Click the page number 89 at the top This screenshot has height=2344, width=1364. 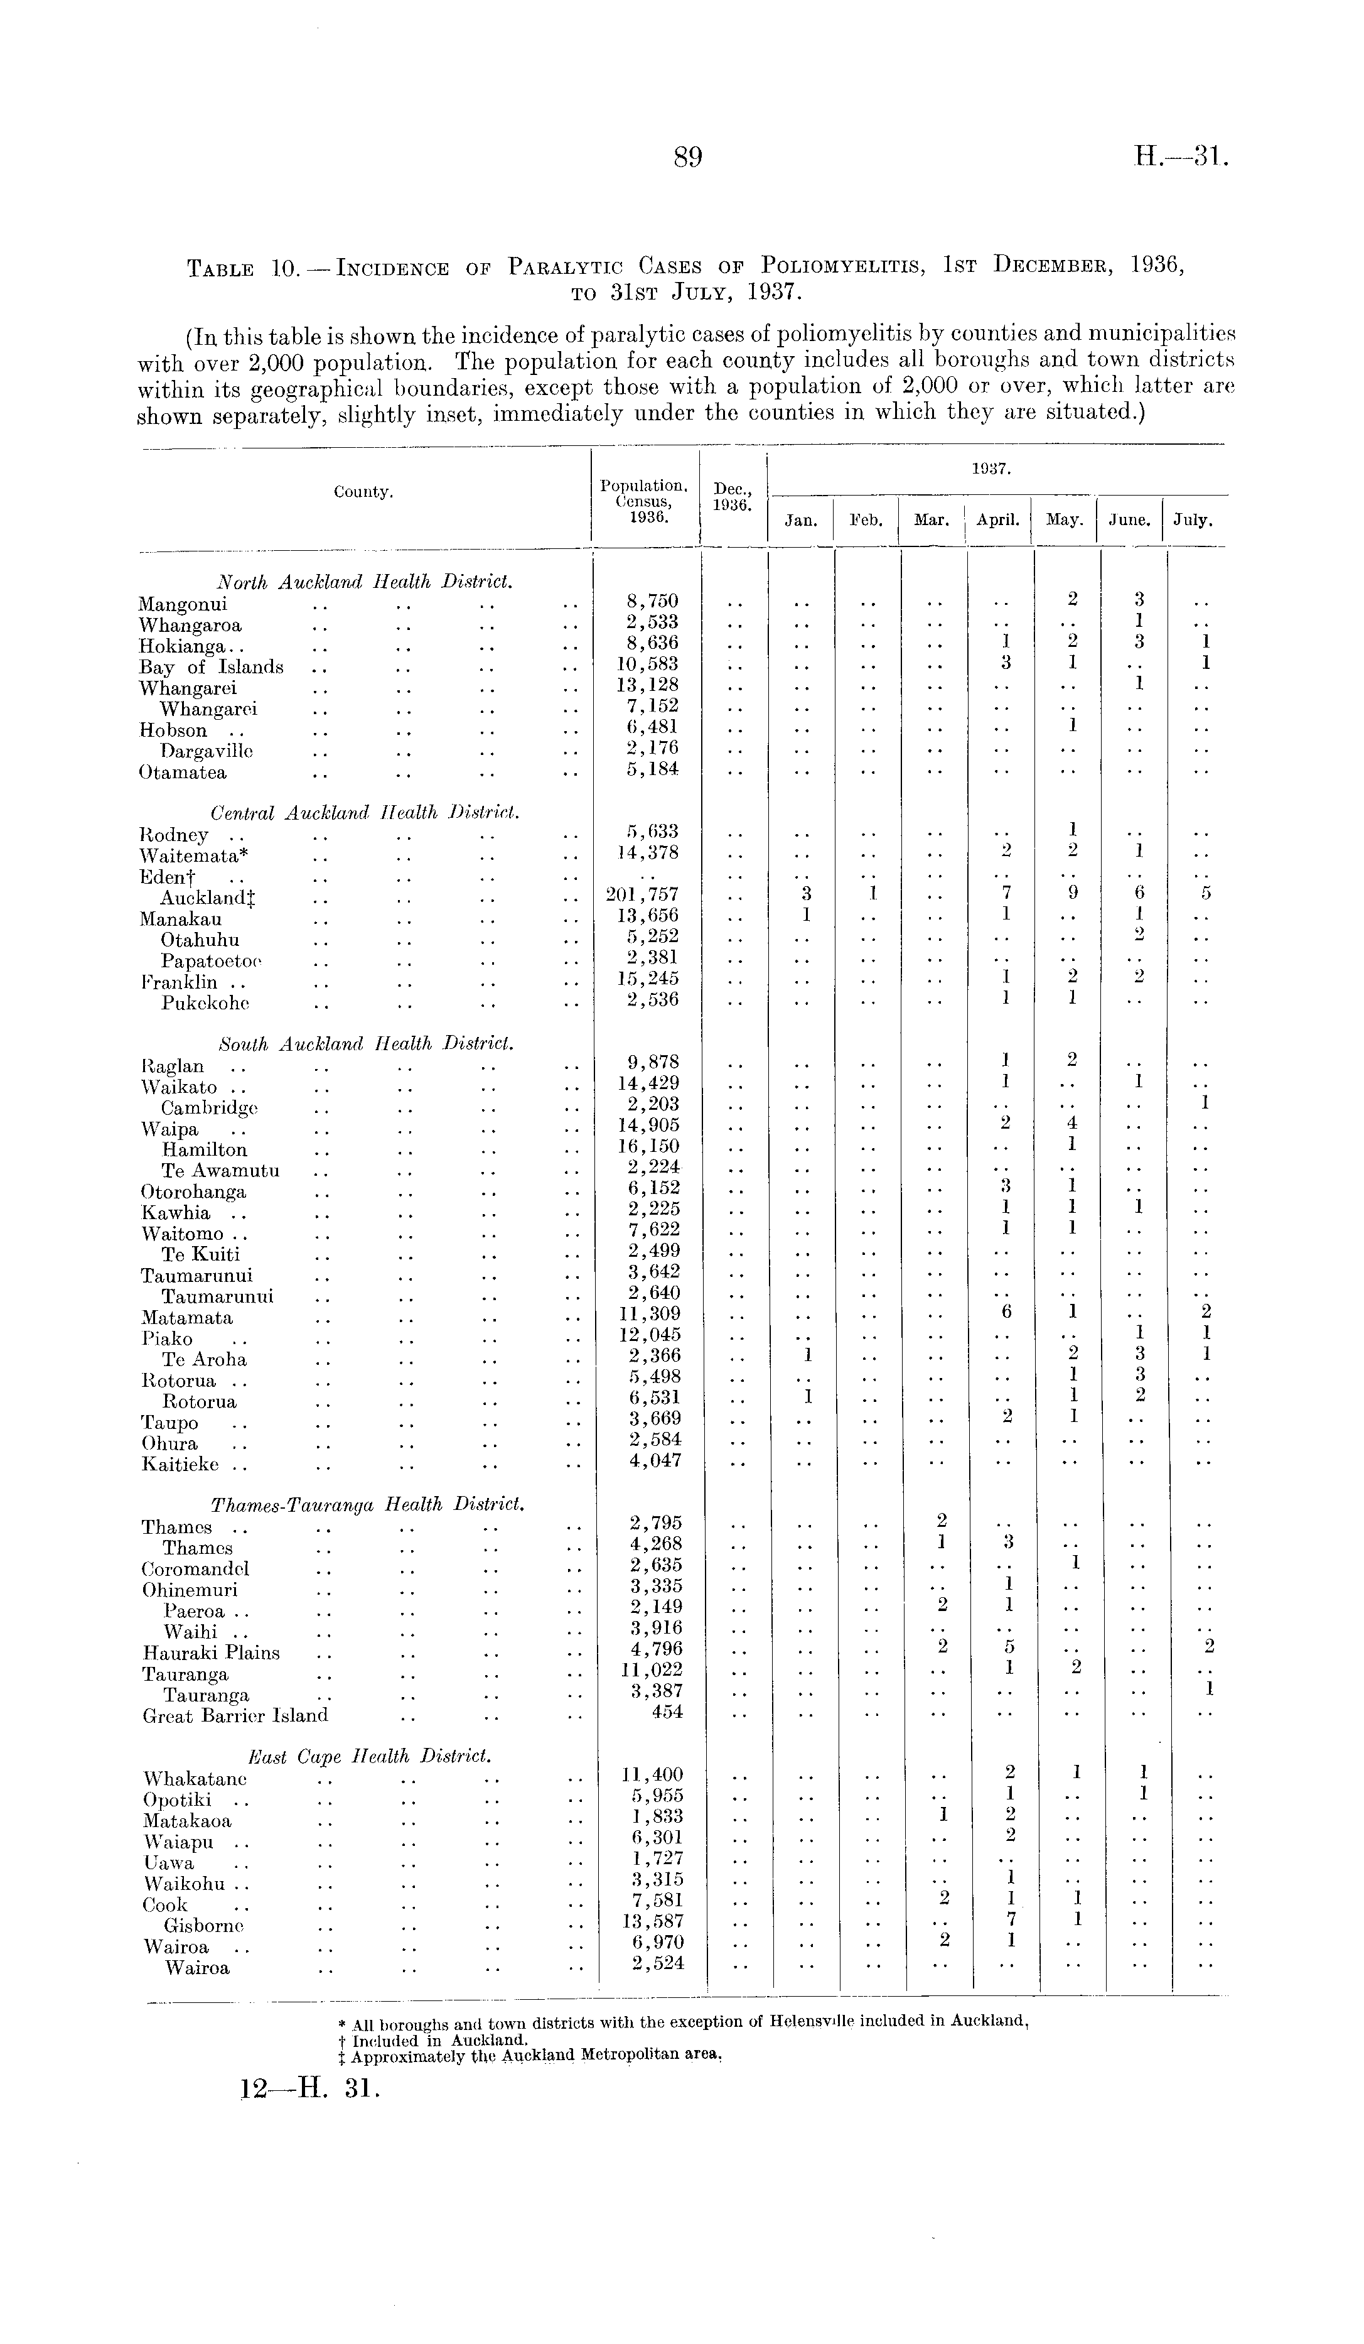687,158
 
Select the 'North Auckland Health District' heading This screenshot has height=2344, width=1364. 365,582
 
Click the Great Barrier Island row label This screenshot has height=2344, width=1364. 235,1715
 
